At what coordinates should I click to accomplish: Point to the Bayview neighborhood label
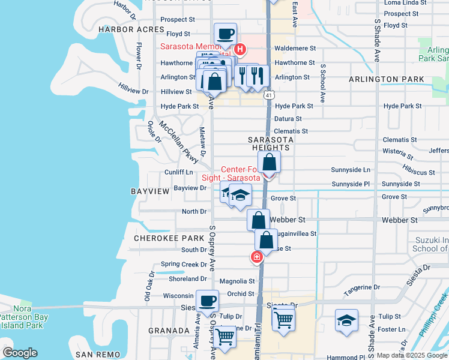click(x=150, y=191)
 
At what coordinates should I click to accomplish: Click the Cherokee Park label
click(x=169, y=238)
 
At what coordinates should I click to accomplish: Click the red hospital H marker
click(x=240, y=49)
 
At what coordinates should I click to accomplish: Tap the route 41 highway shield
click(x=270, y=95)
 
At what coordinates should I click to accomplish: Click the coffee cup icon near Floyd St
click(x=226, y=34)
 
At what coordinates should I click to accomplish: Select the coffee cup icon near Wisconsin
click(x=208, y=301)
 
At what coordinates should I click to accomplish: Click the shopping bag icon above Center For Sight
click(x=270, y=161)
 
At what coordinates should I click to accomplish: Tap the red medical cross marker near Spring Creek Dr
click(x=257, y=257)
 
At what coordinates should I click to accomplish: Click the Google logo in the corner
click(x=20, y=353)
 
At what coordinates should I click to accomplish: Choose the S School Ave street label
click(x=322, y=83)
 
